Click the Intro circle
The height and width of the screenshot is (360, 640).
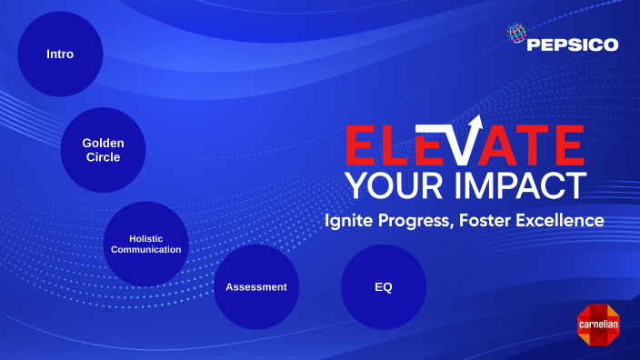(x=60, y=54)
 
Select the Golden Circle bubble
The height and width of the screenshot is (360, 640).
(x=103, y=150)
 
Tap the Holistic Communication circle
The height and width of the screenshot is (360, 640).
(x=145, y=244)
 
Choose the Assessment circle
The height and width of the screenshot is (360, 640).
(x=255, y=286)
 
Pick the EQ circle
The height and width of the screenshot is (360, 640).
(x=383, y=286)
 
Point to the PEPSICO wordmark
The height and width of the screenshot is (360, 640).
(x=574, y=44)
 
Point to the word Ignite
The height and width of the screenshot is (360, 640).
(x=350, y=221)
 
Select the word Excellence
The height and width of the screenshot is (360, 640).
(x=566, y=220)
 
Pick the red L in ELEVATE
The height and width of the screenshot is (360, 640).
(x=398, y=145)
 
